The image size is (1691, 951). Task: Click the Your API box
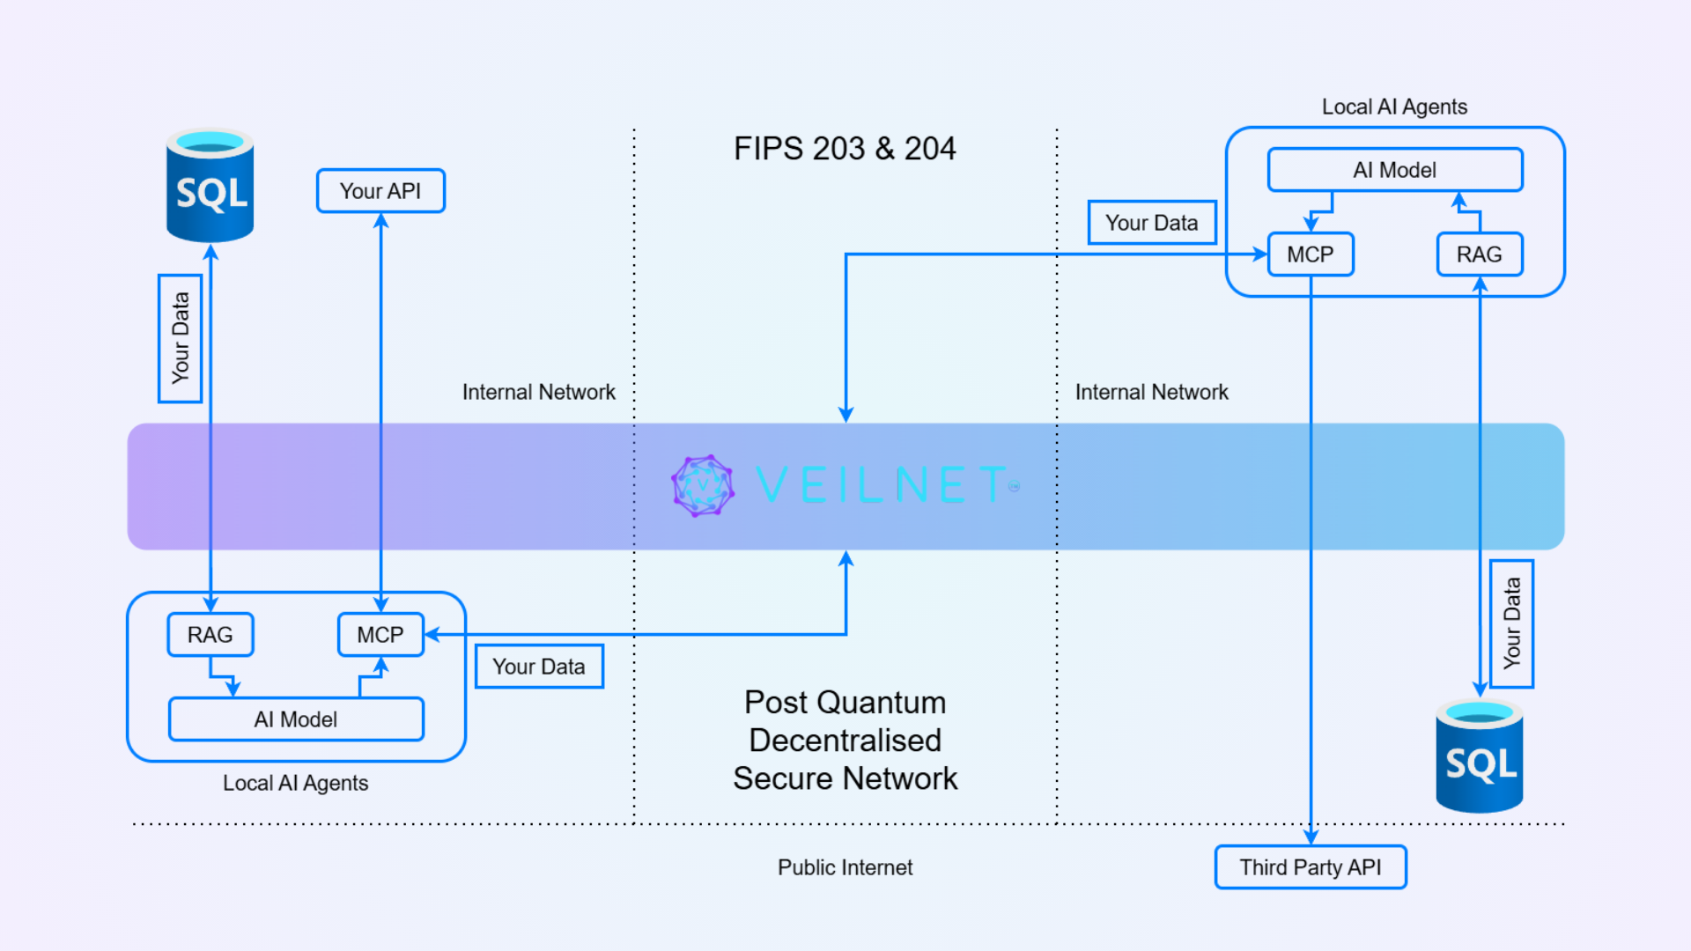380,191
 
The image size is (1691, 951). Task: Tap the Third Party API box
1311,867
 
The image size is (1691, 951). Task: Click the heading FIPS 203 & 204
845,149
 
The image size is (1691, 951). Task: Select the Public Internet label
845,867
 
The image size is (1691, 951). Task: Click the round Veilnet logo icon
702,485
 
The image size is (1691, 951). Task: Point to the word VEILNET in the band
881,485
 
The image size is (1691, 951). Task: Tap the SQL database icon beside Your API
210,186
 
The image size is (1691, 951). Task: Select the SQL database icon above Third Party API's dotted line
1480,756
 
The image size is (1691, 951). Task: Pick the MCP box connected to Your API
380,635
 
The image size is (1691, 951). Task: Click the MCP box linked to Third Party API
1311,254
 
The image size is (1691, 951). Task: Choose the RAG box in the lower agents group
210,635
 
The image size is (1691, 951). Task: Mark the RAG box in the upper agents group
1480,254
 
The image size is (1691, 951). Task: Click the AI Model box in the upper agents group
1395,170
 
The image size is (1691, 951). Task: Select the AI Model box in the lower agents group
296,719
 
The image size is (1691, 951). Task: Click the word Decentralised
845,741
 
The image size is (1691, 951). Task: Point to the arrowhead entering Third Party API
1311,837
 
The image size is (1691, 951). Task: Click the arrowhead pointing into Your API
380,221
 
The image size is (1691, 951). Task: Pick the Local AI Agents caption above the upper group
1394,107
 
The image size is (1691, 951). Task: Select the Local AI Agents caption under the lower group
295,783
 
